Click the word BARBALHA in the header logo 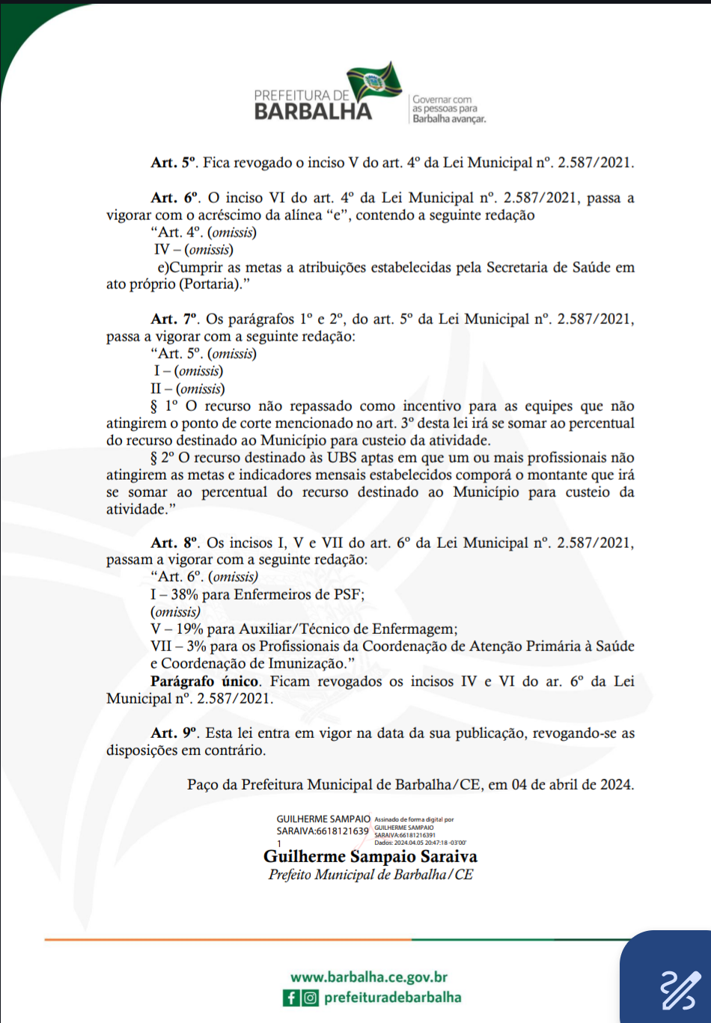[313, 112]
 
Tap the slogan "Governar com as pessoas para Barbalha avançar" [449, 109]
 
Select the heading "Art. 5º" [174, 162]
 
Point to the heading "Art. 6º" [175, 198]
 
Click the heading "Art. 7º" [174, 320]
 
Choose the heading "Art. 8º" [175, 543]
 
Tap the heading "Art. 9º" [174, 733]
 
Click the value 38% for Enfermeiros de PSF [185, 595]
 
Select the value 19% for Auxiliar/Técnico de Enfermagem [190, 629]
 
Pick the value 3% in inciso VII [196, 647]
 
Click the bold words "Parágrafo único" [205, 682]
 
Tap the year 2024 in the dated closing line [616, 785]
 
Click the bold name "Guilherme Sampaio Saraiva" [370, 857]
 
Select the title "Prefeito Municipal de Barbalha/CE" [370, 875]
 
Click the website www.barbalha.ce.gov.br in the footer [369, 977]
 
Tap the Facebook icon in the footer [291, 998]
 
